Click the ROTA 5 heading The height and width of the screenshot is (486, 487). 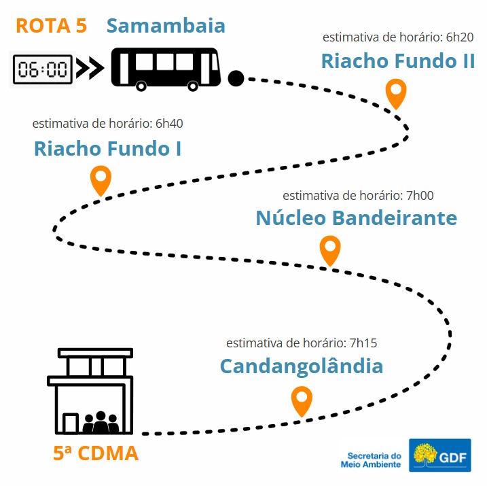tap(51, 25)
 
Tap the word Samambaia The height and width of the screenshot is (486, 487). tap(166, 25)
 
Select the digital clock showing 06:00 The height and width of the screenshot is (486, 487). tap(43, 69)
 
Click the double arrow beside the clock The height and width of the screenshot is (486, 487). tap(90, 68)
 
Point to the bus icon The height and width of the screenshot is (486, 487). tap(166, 69)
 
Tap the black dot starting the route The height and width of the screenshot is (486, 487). tap(236, 78)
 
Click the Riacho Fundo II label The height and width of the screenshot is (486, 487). tap(398, 60)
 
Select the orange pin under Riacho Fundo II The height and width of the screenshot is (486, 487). tap(396, 93)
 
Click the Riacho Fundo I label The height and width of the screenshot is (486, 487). tap(107, 149)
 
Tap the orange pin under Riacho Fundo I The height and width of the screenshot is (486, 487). tap(101, 180)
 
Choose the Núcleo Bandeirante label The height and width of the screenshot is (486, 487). tap(357, 218)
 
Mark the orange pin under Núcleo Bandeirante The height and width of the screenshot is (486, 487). tap(330, 250)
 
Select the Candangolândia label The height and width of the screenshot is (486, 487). tap(302, 366)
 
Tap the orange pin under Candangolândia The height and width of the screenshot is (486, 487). tap(302, 401)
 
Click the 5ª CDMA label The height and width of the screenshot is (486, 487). tap(96, 453)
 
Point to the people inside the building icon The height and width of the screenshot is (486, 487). tap(101, 422)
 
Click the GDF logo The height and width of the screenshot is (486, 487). tap(439, 455)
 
